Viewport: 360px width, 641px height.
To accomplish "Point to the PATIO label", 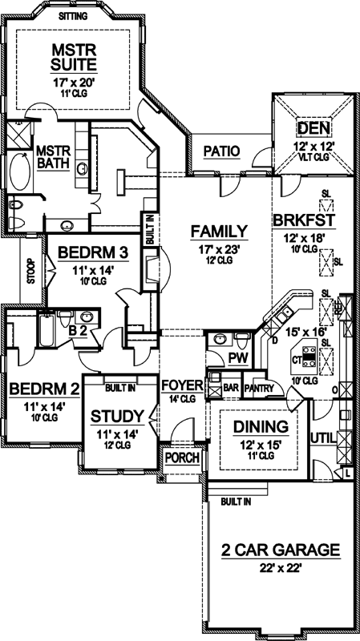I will coord(218,150).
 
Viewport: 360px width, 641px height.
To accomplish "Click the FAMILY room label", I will coord(217,232).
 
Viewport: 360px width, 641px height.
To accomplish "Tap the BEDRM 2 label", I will coord(44,389).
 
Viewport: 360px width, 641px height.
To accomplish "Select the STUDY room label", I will coord(116,416).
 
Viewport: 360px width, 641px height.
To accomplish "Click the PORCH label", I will coord(180,458).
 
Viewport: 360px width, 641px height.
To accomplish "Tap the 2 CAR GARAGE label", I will coord(280,550).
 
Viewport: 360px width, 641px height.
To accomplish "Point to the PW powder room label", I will coord(237,357).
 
